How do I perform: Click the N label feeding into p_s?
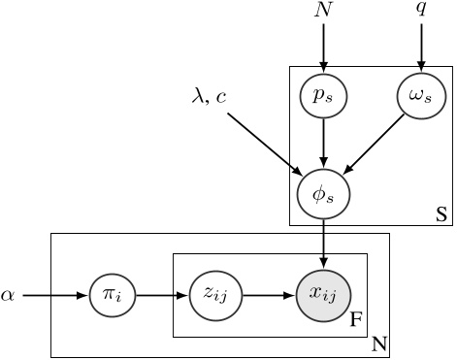pos(324,12)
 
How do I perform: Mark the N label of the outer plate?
pos(379,343)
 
